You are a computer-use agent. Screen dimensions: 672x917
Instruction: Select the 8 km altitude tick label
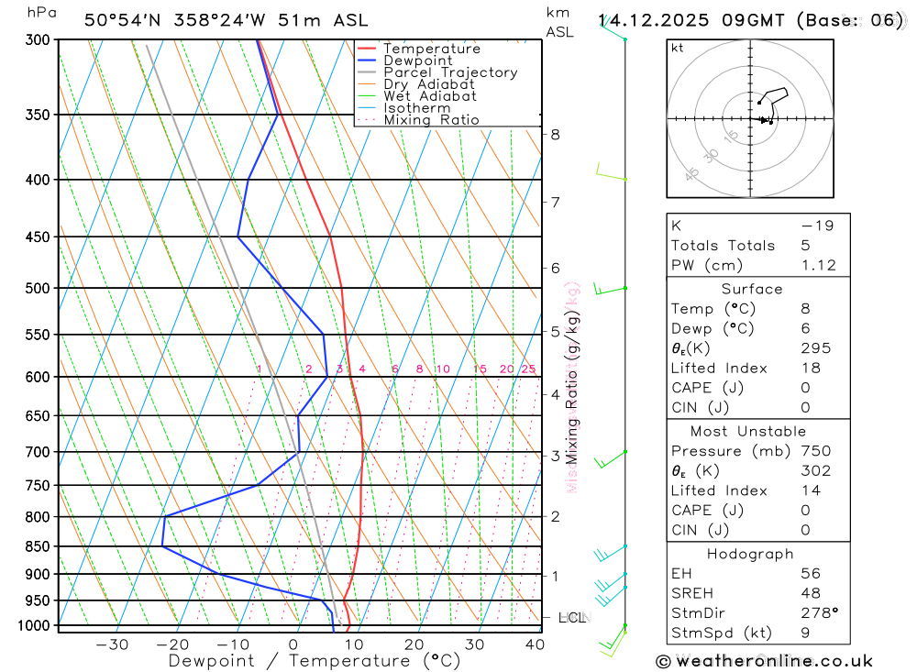[x=555, y=134]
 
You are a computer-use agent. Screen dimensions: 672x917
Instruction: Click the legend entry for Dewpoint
[x=417, y=61]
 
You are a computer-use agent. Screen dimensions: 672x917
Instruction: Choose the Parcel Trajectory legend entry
[x=449, y=72]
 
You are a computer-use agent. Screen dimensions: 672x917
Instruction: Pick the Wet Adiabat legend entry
[x=429, y=96]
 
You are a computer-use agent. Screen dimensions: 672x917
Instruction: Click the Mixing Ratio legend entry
[x=431, y=120]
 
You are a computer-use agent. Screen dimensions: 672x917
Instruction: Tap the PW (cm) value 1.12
[x=818, y=265]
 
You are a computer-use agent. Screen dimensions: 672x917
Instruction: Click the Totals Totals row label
[x=723, y=245]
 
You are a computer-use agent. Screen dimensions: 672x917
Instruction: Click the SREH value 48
[x=808, y=593]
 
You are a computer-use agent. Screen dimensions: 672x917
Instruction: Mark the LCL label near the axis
[x=571, y=618]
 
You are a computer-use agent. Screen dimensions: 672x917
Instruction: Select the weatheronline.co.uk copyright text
[x=764, y=661]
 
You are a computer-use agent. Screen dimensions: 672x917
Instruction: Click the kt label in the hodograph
[x=678, y=49]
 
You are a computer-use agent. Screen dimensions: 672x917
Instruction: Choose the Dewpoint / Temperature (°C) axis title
[x=314, y=661]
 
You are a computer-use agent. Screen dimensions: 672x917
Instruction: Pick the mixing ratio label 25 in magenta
[x=528, y=369]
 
